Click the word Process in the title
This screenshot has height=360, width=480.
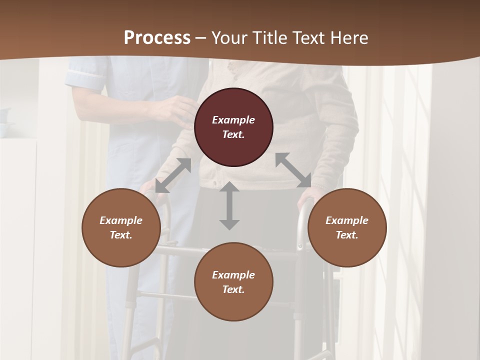pos(157,38)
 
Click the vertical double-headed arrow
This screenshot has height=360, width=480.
pos(229,205)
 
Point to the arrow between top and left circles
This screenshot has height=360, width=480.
pos(173,175)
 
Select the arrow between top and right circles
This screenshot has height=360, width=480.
pos(293,170)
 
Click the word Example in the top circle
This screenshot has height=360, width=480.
pos(233,120)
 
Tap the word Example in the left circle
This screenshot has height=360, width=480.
pos(121,220)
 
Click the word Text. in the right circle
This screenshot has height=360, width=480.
pos(347,235)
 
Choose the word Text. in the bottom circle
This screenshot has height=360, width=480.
pos(233,289)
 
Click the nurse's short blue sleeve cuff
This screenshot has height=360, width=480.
pos(86,79)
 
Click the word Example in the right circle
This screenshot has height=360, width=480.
pos(347,220)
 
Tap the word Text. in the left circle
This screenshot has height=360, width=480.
pos(121,235)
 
